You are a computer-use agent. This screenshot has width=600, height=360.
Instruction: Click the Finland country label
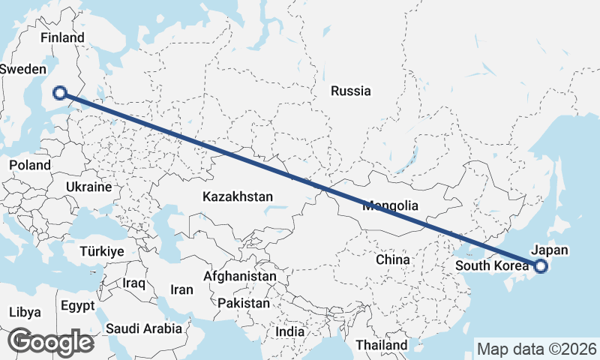pos(64,37)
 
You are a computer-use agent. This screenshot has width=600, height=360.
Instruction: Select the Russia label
pos(350,91)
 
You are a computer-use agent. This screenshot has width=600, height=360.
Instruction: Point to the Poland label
pos(30,165)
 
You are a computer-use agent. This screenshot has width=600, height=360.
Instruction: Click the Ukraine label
pos(88,187)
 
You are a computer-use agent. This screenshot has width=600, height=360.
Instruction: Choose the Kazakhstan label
pos(237,196)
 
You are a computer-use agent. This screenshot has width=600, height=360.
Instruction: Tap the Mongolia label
pos(389,205)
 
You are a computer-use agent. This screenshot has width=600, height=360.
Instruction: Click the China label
pos(392,259)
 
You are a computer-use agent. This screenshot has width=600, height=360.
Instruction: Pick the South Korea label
pos(491,265)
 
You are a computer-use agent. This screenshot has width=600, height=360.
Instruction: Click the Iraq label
pos(134,283)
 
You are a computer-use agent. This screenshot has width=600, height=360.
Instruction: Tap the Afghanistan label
pos(239,276)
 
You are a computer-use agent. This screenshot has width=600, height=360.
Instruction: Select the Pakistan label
pos(243,304)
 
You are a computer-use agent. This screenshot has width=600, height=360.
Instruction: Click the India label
pos(289,331)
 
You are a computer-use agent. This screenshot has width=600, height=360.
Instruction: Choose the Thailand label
pos(381,345)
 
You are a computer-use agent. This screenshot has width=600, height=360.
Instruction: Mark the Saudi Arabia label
pos(144,328)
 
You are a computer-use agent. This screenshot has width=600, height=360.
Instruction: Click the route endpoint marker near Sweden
pos(60,93)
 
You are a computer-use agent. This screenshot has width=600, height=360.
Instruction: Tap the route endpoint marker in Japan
pos(540,265)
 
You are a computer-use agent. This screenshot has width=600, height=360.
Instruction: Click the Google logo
pos(50,342)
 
